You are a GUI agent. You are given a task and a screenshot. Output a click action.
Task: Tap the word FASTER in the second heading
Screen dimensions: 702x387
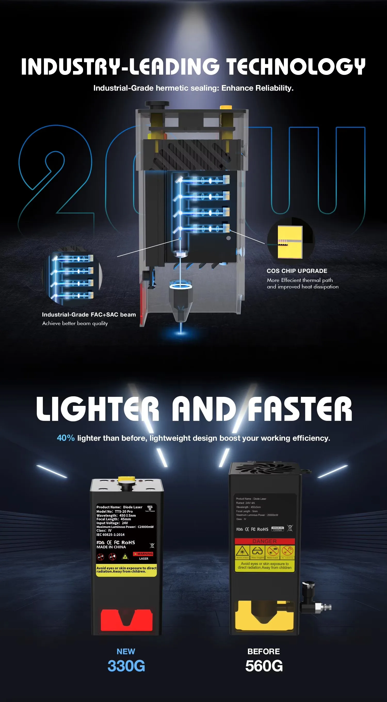[300, 409]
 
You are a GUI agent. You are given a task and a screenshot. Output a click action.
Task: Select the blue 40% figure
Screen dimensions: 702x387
[66, 438]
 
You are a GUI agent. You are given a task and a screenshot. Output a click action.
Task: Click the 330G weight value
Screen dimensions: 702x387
[126, 666]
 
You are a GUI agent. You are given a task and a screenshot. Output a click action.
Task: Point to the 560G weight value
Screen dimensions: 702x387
[264, 666]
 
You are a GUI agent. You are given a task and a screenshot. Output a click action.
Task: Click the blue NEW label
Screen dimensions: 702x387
[126, 651]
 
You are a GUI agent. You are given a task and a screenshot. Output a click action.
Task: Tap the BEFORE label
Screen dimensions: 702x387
[263, 651]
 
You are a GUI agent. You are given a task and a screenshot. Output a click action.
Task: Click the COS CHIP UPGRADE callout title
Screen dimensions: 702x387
[297, 271]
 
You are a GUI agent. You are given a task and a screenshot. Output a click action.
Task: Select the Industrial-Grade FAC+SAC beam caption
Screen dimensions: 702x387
[89, 314]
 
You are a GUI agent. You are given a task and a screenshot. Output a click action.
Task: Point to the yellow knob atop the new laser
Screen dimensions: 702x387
[127, 479]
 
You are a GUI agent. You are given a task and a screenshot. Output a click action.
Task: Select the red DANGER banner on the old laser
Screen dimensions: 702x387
[264, 541]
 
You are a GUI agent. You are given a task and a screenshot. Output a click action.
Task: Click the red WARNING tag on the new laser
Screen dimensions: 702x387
[143, 554]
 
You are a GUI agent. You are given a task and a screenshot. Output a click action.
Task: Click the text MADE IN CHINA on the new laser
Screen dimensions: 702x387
[111, 547]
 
